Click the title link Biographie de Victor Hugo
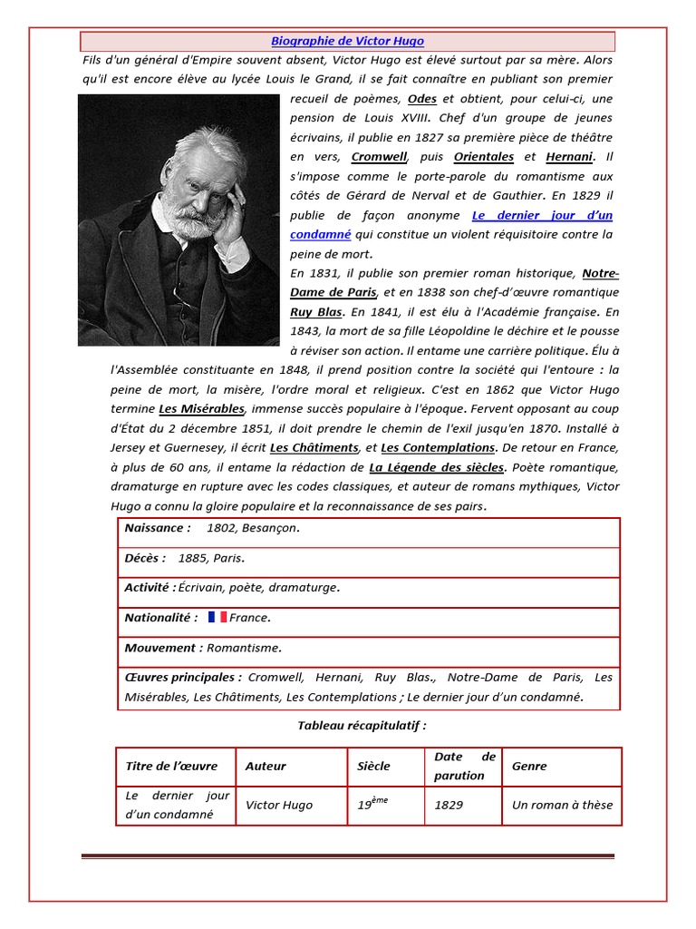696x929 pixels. [x=347, y=42]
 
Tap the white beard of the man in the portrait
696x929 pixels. [x=197, y=220]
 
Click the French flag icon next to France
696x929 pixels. [x=217, y=618]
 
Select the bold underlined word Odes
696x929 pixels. [x=422, y=99]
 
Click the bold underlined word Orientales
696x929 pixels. [x=484, y=157]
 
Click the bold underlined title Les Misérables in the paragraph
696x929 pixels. [x=201, y=409]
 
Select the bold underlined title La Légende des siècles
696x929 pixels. [x=437, y=468]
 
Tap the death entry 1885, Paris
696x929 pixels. [x=211, y=559]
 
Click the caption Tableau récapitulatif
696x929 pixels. [x=362, y=726]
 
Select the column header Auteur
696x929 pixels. [x=266, y=767]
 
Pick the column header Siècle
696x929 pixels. [x=373, y=767]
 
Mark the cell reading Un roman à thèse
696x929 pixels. [x=562, y=805]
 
